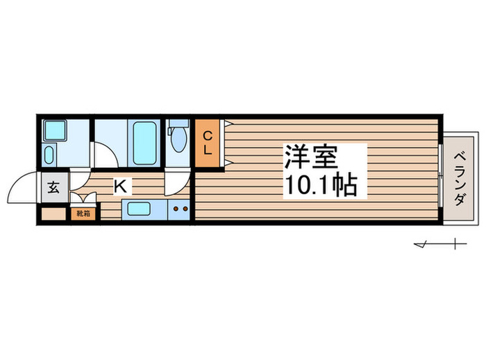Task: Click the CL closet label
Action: (x=207, y=143)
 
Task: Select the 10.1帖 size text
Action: (x=320, y=185)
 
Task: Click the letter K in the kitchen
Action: (x=120, y=186)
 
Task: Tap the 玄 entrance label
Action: (x=53, y=187)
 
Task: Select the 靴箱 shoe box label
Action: (x=83, y=214)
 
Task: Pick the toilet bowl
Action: (x=178, y=141)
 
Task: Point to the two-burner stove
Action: (x=181, y=209)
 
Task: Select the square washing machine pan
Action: (x=53, y=130)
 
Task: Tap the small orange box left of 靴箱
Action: (x=53, y=214)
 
